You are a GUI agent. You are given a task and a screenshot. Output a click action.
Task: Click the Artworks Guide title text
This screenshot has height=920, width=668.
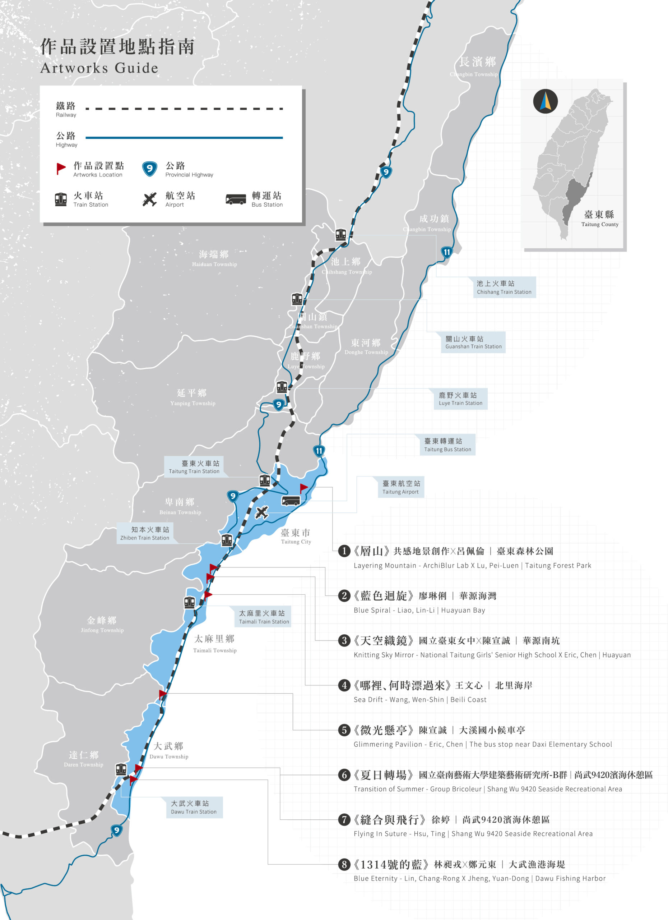click(99, 68)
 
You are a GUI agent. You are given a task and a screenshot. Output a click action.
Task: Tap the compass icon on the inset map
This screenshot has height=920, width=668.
click(545, 101)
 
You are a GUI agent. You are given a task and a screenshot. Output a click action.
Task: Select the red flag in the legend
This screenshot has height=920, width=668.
click(61, 168)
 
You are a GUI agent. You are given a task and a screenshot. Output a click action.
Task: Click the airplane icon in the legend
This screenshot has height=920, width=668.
click(149, 199)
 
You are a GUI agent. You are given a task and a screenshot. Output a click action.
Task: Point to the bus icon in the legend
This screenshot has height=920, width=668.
click(236, 199)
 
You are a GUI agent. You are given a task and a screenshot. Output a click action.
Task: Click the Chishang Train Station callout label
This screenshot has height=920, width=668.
click(504, 287)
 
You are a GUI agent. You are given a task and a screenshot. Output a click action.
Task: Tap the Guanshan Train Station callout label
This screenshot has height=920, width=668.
click(473, 342)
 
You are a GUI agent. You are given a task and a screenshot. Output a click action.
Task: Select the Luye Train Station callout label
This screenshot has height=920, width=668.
click(460, 399)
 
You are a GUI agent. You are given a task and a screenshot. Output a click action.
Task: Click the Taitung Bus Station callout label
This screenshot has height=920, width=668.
click(447, 445)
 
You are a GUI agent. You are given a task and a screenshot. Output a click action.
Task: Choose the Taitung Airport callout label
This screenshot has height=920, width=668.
click(400, 487)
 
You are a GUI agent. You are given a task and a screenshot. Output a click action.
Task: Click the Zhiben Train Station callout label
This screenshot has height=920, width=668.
click(145, 533)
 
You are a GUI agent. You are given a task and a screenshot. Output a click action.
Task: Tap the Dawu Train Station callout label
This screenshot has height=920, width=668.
click(193, 807)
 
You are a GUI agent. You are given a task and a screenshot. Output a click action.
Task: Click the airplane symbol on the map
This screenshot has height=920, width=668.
click(262, 513)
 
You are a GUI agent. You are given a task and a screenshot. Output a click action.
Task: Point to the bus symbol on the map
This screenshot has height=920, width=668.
click(291, 501)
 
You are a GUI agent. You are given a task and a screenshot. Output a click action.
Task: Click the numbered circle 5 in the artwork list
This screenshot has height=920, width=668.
click(344, 730)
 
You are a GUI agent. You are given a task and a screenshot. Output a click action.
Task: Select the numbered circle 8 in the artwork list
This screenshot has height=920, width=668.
click(344, 864)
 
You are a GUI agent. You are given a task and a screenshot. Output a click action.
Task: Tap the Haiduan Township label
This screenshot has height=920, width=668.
click(214, 258)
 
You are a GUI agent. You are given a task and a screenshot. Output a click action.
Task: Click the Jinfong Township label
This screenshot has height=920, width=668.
click(102, 624)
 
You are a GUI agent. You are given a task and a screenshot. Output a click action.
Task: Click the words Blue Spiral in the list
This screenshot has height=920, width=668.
click(372, 610)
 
